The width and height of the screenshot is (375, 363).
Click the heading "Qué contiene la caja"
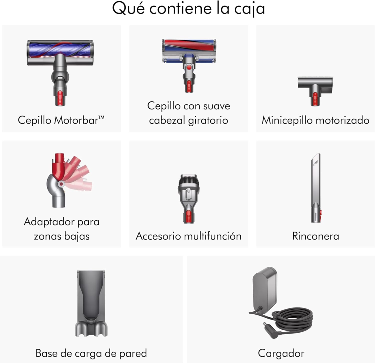[x=188, y=8]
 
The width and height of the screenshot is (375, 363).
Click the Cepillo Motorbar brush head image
[x=60, y=72]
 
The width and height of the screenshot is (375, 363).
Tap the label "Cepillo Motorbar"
[x=61, y=120]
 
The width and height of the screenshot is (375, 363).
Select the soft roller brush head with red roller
[x=189, y=65]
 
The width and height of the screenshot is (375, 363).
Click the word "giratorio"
[x=208, y=120]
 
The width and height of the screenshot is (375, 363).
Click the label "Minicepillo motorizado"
[x=315, y=120]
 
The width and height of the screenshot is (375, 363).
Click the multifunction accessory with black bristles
[x=189, y=199]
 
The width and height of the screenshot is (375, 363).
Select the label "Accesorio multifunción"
[x=188, y=236]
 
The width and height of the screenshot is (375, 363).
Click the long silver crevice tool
[x=316, y=188]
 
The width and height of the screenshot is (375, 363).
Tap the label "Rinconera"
[x=316, y=236]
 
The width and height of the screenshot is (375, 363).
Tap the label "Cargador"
[x=281, y=353]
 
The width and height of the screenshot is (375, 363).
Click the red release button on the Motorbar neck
[x=60, y=98]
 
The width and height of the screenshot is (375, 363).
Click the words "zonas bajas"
[x=62, y=236]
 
